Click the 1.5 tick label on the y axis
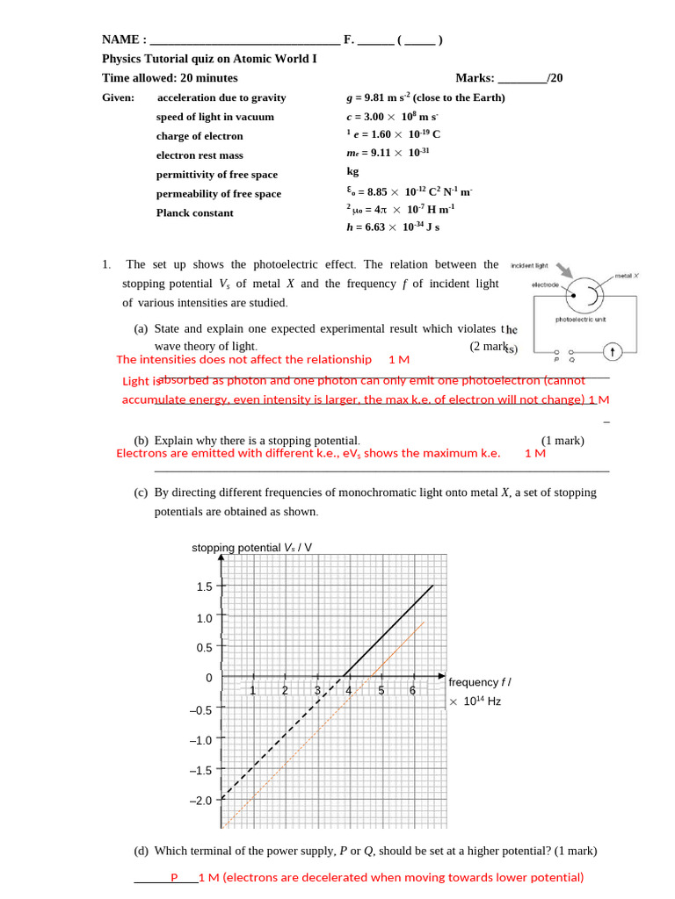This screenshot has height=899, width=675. click(x=204, y=586)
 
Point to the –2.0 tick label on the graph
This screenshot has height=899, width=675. click(x=200, y=801)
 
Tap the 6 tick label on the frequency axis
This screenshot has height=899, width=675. click(x=412, y=690)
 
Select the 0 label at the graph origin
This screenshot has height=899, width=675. click(x=208, y=679)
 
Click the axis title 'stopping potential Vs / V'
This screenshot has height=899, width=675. click(x=251, y=548)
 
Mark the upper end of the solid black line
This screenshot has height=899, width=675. click(x=432, y=586)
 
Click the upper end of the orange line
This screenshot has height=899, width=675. click(x=424, y=622)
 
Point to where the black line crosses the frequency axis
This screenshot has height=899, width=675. click(x=345, y=677)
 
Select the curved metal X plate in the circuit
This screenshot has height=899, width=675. click(x=595, y=298)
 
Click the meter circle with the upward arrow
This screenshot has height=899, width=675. click(x=613, y=352)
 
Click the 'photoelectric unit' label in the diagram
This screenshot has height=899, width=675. click(x=581, y=320)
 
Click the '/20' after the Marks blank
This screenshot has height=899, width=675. click(x=554, y=78)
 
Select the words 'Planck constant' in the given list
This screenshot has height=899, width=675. click(x=195, y=213)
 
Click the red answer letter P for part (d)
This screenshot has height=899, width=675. click(x=174, y=877)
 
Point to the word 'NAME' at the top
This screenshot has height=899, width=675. click(x=121, y=40)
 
